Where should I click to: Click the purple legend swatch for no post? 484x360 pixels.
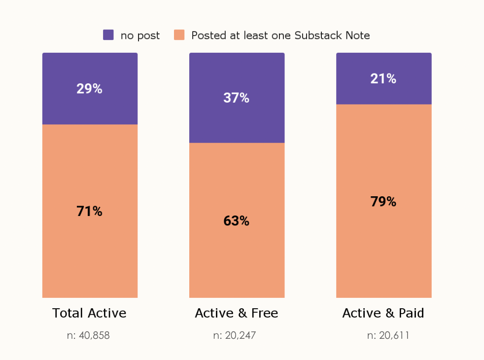(x=108, y=35)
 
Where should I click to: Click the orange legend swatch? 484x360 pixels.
(x=179, y=35)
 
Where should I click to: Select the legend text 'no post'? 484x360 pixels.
(x=140, y=36)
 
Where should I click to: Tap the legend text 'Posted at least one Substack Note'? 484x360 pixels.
(x=280, y=36)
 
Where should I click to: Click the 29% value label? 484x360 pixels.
(x=89, y=89)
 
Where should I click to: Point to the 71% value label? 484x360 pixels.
(x=89, y=212)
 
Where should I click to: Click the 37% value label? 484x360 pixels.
(x=236, y=98)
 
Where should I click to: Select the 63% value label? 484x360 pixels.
(x=236, y=221)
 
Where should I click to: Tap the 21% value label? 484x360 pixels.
(x=383, y=78)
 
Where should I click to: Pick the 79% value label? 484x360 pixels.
(x=383, y=202)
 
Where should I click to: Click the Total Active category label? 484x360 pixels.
(x=89, y=313)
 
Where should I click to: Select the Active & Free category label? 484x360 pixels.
(x=236, y=313)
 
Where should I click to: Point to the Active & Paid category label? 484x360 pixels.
(x=383, y=313)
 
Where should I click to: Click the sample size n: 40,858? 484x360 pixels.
(x=88, y=336)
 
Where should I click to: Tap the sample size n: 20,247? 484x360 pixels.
(x=235, y=336)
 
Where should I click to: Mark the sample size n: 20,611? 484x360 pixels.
(x=388, y=336)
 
